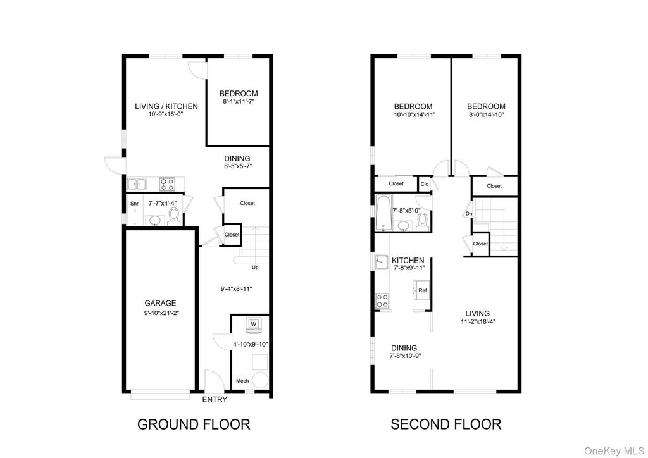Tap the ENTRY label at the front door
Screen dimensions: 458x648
tap(214, 400)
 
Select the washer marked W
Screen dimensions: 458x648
tap(253, 325)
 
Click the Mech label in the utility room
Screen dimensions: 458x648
tap(242, 381)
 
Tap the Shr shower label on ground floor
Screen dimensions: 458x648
tap(134, 204)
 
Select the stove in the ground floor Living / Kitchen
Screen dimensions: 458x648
tap(167, 184)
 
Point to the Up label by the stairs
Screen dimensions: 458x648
tap(256, 268)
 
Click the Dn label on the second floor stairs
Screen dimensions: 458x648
tap(469, 214)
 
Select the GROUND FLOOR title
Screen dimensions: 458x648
tap(194, 424)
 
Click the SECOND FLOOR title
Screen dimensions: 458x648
tap(445, 424)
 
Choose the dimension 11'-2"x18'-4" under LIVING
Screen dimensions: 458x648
tap(478, 321)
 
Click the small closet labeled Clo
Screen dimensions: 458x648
tap(425, 184)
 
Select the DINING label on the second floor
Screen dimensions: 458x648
tap(403, 347)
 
